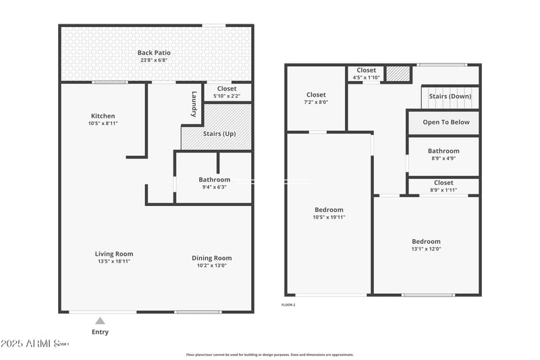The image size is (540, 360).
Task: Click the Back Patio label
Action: pyautogui.click(x=154, y=53)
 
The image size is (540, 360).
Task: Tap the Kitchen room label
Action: pyautogui.click(x=103, y=115)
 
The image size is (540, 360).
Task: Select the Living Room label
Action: pyautogui.click(x=113, y=254)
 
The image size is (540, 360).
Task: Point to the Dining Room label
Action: pyautogui.click(x=211, y=258)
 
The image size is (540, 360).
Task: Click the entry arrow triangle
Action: pyautogui.click(x=100, y=321)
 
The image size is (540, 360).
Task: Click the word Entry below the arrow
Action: pyautogui.click(x=100, y=332)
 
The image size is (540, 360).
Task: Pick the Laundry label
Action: pyautogui.click(x=194, y=103)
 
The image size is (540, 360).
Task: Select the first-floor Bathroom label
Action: pyautogui.click(x=214, y=180)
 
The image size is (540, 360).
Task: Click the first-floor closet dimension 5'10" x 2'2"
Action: pyautogui.click(x=226, y=96)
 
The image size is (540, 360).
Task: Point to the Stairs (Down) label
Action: pyautogui.click(x=450, y=96)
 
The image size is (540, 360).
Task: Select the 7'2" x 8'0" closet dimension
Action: pyautogui.click(x=316, y=103)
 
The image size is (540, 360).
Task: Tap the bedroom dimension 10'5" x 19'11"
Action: pyautogui.click(x=329, y=217)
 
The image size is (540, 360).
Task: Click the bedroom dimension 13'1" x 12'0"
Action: pyautogui.click(x=426, y=249)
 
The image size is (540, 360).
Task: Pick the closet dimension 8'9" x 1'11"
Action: pyautogui.click(x=443, y=190)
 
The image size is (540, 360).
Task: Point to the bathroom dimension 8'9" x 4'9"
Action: pyautogui.click(x=443, y=159)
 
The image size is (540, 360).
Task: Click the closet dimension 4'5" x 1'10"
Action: pyautogui.click(x=367, y=78)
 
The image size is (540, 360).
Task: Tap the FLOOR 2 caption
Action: pyautogui.click(x=288, y=305)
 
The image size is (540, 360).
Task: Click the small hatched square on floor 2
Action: pyautogui.click(x=398, y=74)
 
